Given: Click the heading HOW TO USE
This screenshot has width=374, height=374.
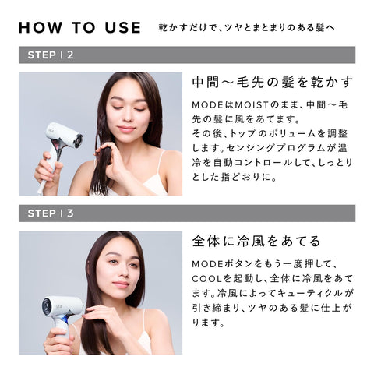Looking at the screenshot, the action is pos(80,28).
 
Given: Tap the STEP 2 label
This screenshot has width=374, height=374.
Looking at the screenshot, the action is pos(51,55).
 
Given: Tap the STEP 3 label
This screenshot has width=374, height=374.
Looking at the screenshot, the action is pos(51,213).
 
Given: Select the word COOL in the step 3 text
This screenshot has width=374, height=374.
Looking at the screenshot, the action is pos(207,279).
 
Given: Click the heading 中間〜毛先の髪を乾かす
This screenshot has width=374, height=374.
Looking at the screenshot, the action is pos(273,83).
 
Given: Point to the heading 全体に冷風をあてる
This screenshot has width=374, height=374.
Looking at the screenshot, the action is pos(256,241).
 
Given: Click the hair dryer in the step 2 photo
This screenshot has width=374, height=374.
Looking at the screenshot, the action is pos(61,150).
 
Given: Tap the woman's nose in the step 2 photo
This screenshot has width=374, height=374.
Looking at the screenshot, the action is pos(128,117).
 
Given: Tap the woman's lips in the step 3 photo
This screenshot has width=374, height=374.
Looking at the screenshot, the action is pos(120,284).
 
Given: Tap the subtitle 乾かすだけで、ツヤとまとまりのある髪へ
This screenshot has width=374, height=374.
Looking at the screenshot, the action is pos(247,28).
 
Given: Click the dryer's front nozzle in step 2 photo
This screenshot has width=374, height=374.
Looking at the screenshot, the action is pos(77,139).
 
